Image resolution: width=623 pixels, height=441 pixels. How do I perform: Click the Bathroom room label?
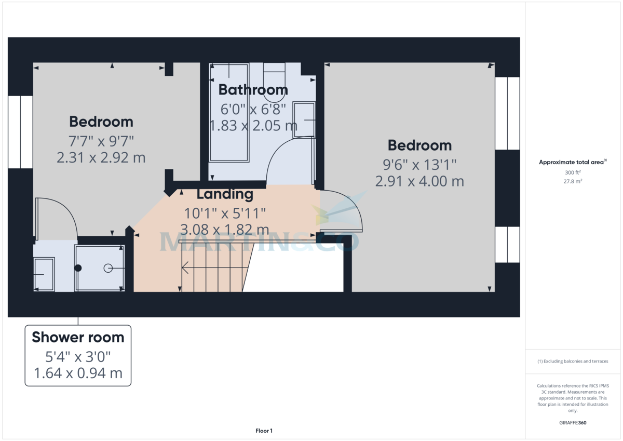coord(253,90)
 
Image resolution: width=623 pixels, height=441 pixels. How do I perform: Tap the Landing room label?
coord(225,194)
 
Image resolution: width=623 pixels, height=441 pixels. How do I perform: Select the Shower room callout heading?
coord(78,337)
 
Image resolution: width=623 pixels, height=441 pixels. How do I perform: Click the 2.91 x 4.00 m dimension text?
coord(419,181)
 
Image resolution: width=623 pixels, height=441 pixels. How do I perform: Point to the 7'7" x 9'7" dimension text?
coord(101,140)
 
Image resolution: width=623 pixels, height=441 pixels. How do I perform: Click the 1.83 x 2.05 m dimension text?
coord(253,126)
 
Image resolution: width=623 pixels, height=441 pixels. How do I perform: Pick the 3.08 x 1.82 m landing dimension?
coord(225,229)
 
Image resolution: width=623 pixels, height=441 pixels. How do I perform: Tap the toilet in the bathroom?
coord(275,83)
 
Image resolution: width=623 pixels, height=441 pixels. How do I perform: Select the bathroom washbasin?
coord(304,120)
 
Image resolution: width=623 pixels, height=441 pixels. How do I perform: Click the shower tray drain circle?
coord(108,268)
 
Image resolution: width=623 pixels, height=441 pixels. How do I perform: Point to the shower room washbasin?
coord(44,274)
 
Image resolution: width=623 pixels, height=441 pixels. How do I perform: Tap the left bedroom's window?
coord(20,132)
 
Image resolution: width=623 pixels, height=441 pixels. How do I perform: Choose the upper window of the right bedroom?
coord(507,113)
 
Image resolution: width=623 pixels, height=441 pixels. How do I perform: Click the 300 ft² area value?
coord(573,172)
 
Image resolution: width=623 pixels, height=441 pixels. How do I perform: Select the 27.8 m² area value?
coord(573,181)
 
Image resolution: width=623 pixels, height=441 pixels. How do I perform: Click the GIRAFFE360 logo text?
coord(574,423)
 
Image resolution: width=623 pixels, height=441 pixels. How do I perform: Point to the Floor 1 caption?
coord(264,431)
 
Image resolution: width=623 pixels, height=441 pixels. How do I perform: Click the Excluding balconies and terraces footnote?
coord(573,361)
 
